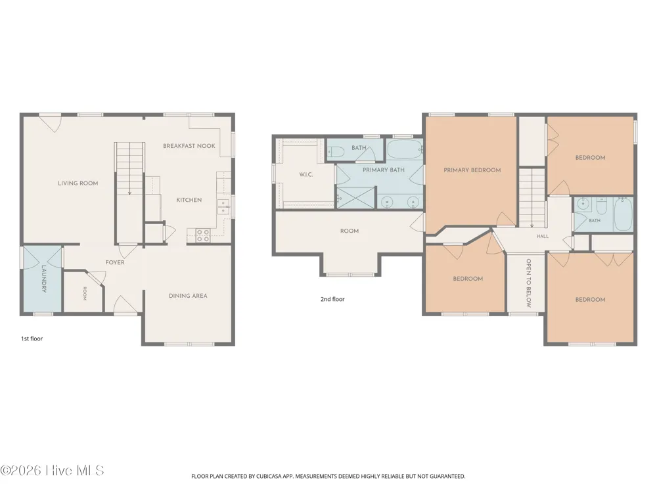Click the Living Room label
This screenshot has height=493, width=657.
(x=78, y=183)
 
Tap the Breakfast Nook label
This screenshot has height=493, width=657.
(x=189, y=146)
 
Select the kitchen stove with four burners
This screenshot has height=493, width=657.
(x=203, y=235)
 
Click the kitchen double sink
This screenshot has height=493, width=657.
(x=223, y=207)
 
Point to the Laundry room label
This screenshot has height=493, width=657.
(x=43, y=278)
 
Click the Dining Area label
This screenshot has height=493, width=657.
(x=188, y=296)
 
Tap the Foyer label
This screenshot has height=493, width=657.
(x=115, y=262)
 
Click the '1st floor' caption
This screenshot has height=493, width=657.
(x=32, y=339)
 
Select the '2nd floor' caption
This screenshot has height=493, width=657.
(x=332, y=299)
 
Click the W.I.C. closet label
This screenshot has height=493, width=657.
(x=306, y=174)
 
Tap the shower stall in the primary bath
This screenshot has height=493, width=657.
(x=355, y=198)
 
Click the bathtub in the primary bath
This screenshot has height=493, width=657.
(x=404, y=149)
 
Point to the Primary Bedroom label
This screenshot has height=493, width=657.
(x=472, y=170)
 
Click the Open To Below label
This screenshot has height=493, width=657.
(x=528, y=283)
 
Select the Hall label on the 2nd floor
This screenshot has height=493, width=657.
(x=543, y=237)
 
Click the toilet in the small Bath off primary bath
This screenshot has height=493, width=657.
(x=335, y=152)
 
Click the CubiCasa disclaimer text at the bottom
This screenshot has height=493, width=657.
(x=328, y=476)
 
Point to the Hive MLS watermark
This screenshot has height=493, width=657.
(x=52, y=471)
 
